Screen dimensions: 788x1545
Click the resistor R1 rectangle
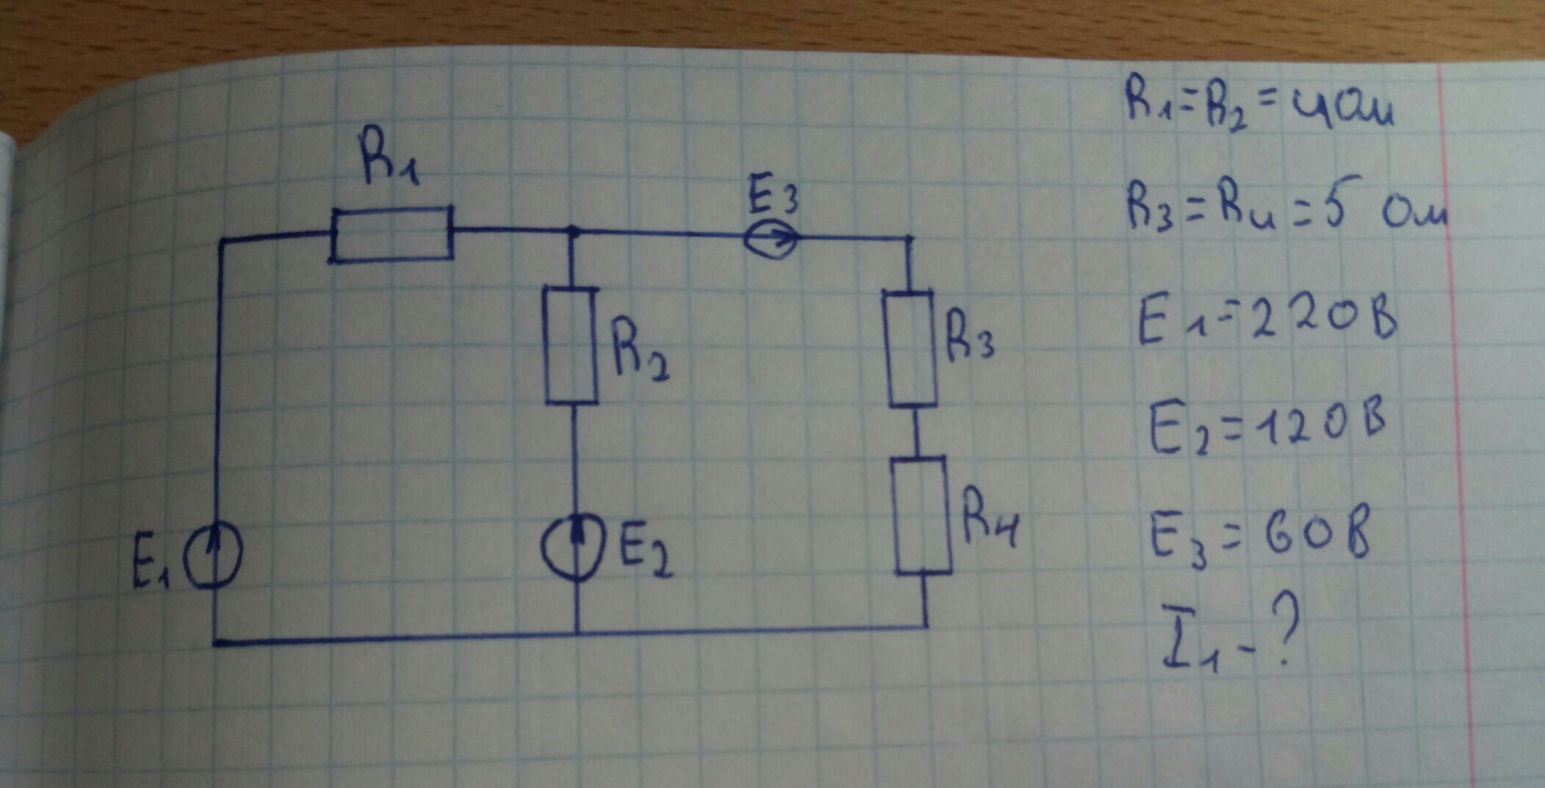391,234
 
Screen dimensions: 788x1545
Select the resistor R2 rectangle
571,345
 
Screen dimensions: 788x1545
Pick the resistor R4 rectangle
922,516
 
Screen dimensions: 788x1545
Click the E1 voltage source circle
213,560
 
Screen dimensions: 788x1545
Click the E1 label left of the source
151,569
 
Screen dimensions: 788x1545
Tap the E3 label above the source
772,195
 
